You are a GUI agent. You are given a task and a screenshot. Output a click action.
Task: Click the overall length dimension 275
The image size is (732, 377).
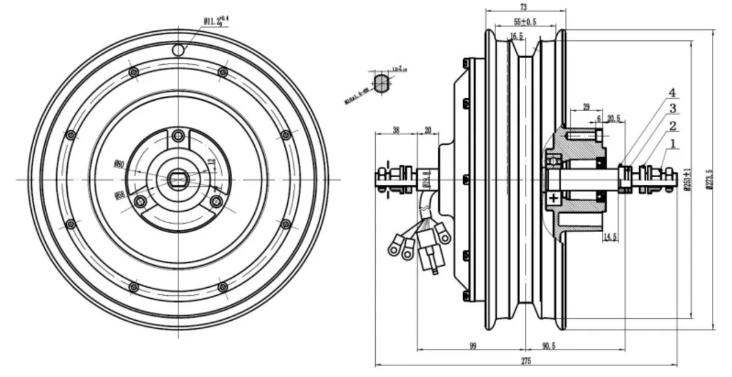525,361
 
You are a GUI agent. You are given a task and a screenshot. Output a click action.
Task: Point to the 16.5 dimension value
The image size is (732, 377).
516,37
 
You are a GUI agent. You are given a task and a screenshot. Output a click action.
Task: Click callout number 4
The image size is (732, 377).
672,93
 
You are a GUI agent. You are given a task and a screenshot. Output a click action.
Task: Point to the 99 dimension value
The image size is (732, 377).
473,345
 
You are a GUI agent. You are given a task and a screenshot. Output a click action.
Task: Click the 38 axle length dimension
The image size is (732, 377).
395,130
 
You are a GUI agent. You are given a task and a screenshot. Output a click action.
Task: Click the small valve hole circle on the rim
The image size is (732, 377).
178,49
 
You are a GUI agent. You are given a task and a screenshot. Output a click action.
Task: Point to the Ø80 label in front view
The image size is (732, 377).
119,164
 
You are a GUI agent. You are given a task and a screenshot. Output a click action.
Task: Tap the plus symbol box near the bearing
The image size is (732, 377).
553,197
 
